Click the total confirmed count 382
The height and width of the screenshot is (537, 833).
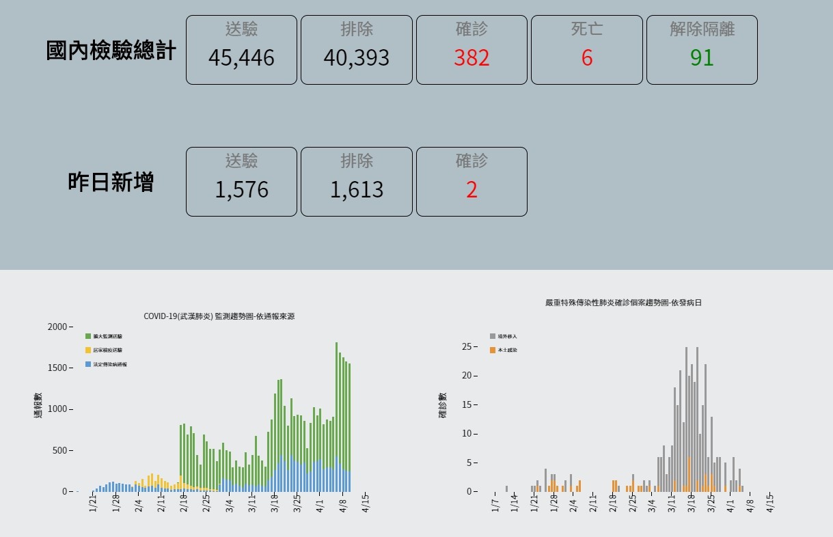(x=472, y=58)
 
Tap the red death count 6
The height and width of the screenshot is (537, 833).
(x=587, y=58)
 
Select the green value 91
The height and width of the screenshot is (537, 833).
(x=702, y=58)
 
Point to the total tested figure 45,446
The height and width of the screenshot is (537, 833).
(x=241, y=58)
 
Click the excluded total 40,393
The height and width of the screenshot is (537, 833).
(x=356, y=58)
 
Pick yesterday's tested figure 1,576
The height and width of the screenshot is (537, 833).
(x=241, y=190)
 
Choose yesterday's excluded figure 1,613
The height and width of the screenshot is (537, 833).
(x=356, y=190)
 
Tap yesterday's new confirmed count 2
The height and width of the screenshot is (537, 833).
(x=472, y=190)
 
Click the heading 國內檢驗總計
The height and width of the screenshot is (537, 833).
(x=111, y=51)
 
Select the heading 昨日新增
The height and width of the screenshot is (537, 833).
(x=111, y=182)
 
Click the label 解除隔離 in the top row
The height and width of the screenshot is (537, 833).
(x=702, y=29)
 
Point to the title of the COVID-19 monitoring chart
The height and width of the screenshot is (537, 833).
(x=219, y=316)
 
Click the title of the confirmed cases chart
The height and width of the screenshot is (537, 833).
(x=623, y=302)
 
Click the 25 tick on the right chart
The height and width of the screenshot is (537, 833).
(x=467, y=346)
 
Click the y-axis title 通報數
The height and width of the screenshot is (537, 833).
(x=38, y=405)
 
